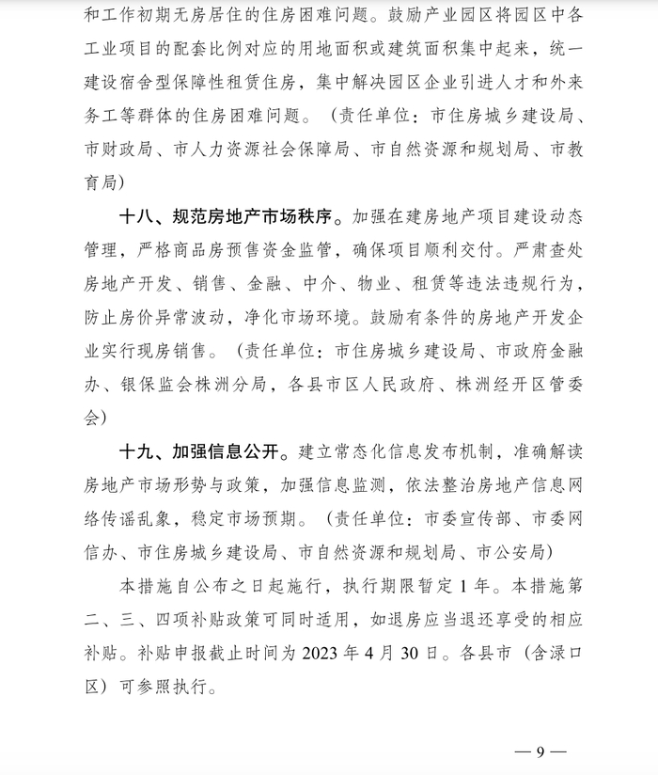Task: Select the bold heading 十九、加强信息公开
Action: [202, 451]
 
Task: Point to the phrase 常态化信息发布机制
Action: [420, 451]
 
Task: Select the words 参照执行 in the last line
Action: [170, 686]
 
